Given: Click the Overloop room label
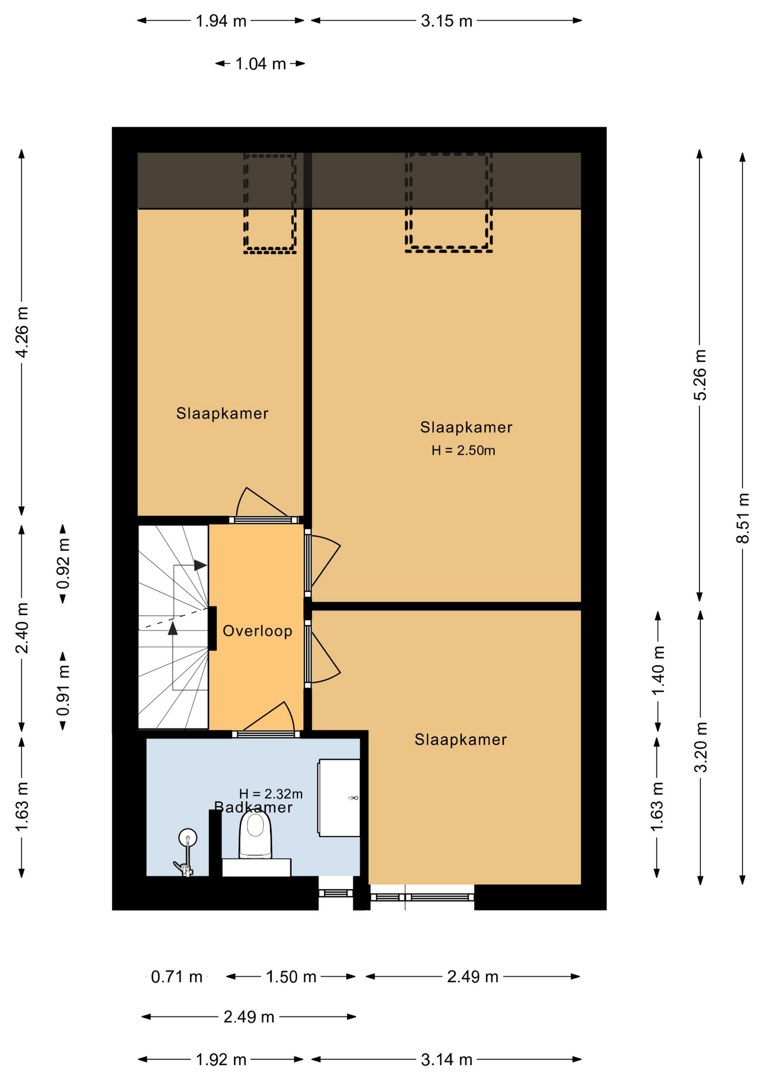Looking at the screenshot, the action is (257, 631).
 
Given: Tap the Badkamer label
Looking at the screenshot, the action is (254, 808).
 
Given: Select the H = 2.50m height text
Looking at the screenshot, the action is (464, 450).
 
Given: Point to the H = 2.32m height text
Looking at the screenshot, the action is (271, 794).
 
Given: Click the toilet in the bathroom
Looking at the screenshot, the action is (256, 836).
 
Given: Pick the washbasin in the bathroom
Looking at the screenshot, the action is (339, 798).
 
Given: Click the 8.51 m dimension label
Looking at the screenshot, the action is (743, 517).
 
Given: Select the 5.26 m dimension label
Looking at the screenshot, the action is (700, 375).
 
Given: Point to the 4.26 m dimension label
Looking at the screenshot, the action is (22, 332).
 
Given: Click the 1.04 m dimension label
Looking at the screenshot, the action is (260, 64).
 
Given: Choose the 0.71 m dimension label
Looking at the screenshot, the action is (177, 976).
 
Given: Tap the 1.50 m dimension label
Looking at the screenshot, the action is (291, 976).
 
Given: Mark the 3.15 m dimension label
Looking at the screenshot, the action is (447, 21).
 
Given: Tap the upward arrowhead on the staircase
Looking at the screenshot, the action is (173, 628).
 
